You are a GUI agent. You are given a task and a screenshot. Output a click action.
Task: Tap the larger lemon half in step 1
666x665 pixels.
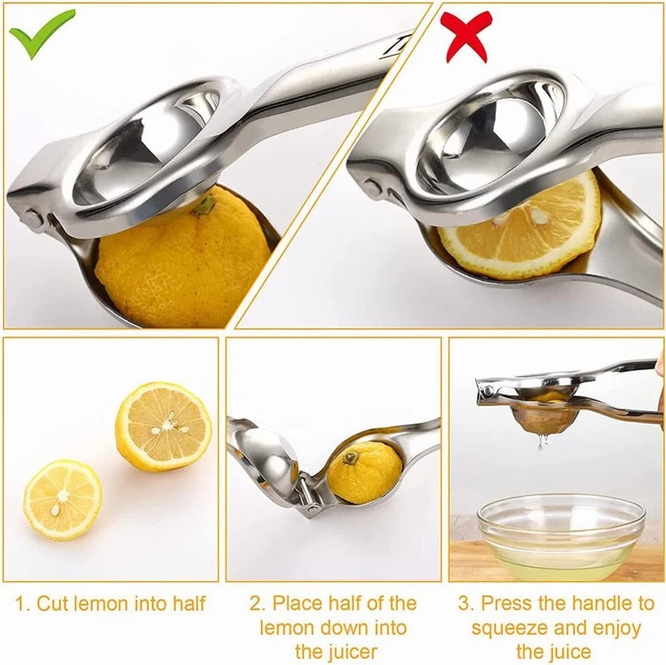(x=164, y=426)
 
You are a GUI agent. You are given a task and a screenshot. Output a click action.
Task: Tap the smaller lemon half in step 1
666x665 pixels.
(x=62, y=499)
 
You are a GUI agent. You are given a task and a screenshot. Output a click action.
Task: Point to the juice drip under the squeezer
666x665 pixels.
(x=541, y=442)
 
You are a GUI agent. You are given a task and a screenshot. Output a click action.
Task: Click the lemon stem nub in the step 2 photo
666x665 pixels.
(x=351, y=458)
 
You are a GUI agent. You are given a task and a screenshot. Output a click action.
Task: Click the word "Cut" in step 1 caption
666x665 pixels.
(x=53, y=603)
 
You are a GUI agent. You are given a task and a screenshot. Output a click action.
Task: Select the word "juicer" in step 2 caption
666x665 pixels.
(x=336, y=651)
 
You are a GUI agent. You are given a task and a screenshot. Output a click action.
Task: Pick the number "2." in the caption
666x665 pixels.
(x=257, y=603)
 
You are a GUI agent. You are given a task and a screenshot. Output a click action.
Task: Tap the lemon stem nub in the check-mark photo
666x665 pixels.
(x=204, y=205)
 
